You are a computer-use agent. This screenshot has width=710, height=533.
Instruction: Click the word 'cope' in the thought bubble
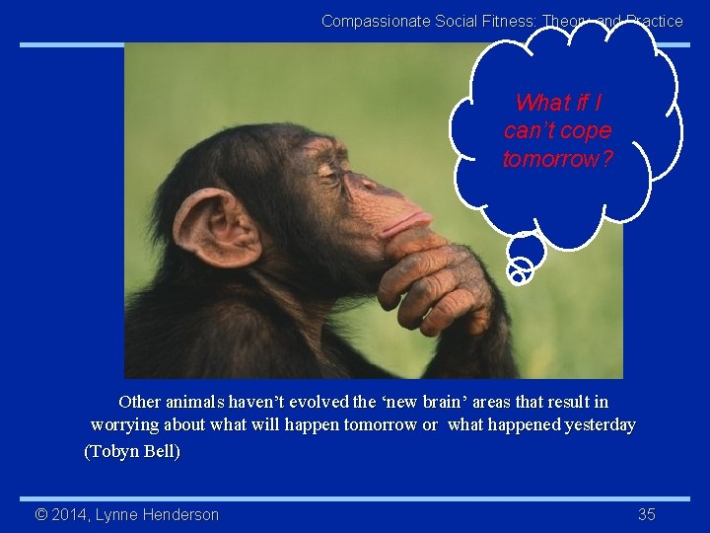pyautogui.click(x=588, y=130)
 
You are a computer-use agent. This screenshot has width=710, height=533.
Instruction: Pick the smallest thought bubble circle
pyautogui.click(x=517, y=277)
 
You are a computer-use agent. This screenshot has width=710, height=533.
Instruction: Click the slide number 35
pyautogui.click(x=647, y=514)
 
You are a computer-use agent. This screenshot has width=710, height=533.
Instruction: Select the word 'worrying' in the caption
pyautogui.click(x=121, y=424)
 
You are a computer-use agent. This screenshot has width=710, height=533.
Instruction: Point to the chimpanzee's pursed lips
pyautogui.click(x=407, y=223)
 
